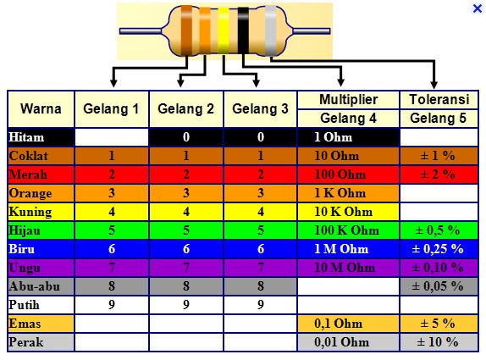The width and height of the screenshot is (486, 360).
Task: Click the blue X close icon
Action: pyautogui.click(x=478, y=8)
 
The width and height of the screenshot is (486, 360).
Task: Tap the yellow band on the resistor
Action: pyautogui.click(x=224, y=30)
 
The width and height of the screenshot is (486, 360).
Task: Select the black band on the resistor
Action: pyautogui.click(x=243, y=30)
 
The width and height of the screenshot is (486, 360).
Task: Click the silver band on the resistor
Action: pyautogui.click(x=271, y=30)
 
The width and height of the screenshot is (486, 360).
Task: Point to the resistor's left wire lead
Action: pyautogui.click(x=141, y=31)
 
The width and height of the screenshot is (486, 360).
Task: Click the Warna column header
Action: pyautogui.click(x=41, y=108)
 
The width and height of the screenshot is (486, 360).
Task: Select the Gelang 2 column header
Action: pyautogui.click(x=186, y=108)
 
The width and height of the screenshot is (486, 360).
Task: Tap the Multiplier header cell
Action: pyautogui.click(x=348, y=100)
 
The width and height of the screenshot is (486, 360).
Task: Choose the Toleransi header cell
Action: pyautogui.click(x=439, y=100)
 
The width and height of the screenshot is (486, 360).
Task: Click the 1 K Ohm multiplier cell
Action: pyautogui.click(x=348, y=193)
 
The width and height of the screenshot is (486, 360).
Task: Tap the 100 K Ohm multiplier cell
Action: pyautogui.click(x=348, y=230)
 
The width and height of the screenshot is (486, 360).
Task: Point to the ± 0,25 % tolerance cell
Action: pyautogui.click(x=439, y=249)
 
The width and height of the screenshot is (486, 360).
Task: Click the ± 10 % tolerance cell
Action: pyautogui.click(x=439, y=342)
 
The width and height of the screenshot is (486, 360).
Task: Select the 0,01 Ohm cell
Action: pyautogui.click(x=348, y=342)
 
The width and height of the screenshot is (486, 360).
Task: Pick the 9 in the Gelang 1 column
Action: pyautogui.click(x=112, y=305)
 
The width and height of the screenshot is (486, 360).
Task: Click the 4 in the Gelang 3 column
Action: pyautogui.click(x=261, y=212)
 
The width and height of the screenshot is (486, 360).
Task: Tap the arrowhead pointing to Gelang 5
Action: pyautogui.click(x=434, y=85)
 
